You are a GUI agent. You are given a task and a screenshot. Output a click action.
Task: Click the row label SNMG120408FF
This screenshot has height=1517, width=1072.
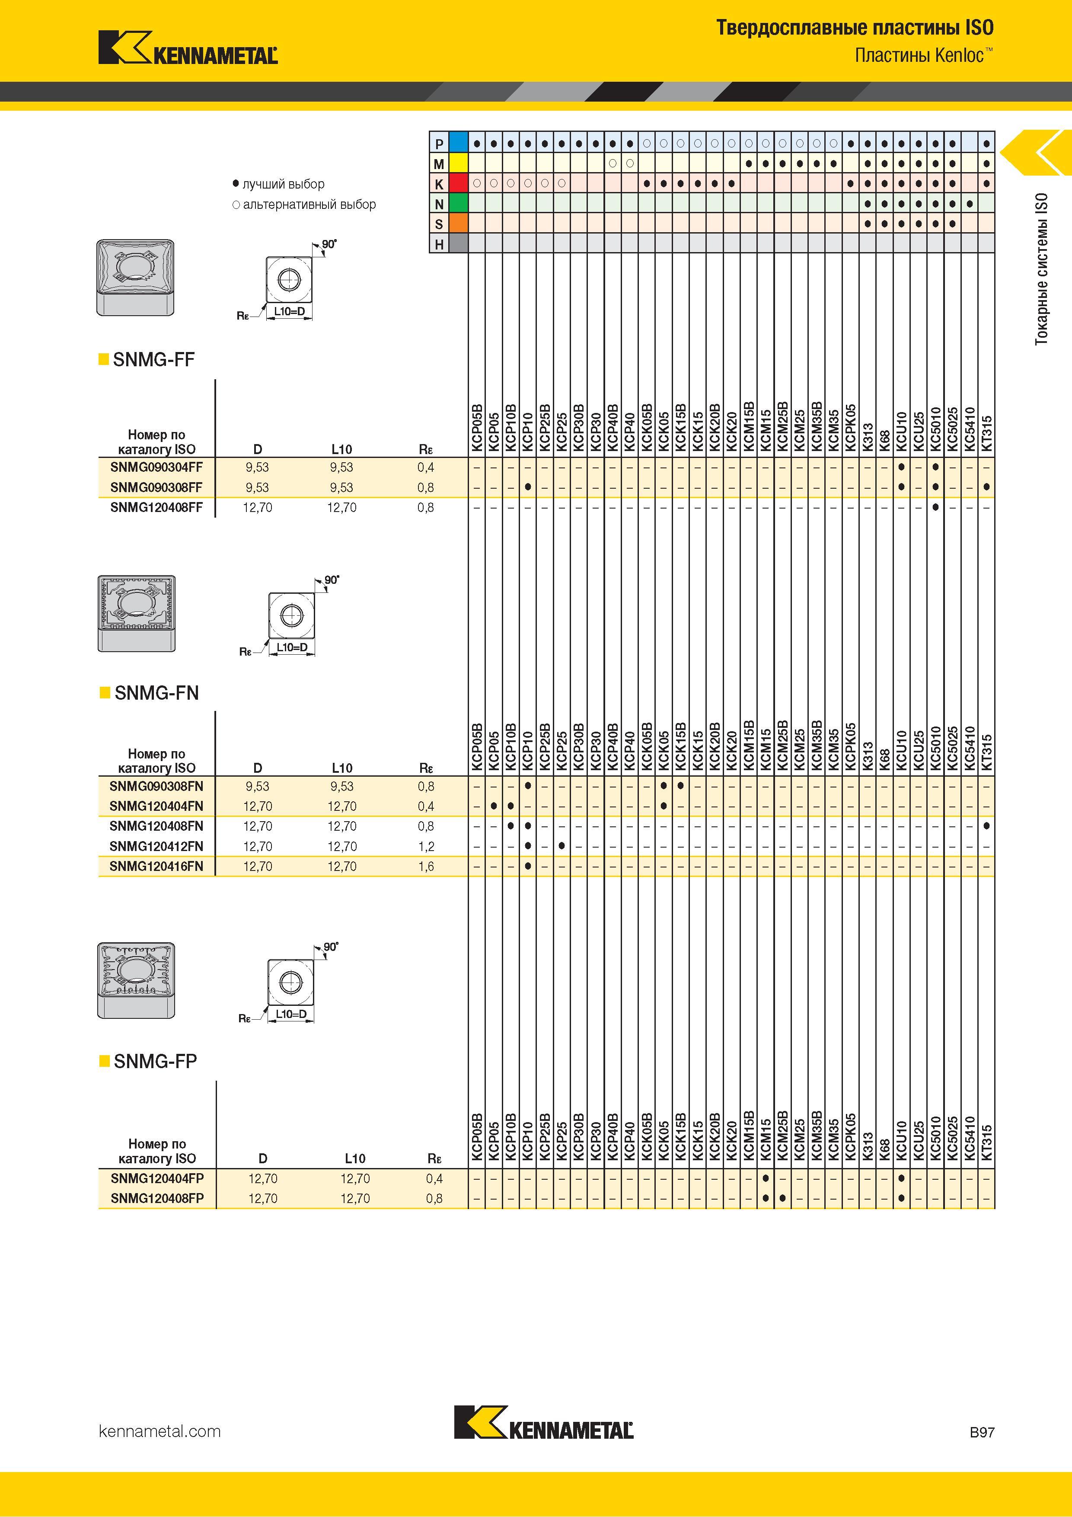click(156, 507)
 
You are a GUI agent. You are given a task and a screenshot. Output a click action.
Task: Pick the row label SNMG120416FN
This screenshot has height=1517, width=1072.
click(156, 866)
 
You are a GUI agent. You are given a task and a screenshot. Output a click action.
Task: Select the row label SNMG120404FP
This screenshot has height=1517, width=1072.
click(157, 1179)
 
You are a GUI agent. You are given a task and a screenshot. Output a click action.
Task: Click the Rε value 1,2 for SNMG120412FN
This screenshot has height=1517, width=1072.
click(426, 846)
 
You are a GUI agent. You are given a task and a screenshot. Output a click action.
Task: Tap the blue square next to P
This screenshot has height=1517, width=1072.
click(458, 142)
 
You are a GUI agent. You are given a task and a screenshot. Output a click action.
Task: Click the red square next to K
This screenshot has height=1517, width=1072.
click(458, 183)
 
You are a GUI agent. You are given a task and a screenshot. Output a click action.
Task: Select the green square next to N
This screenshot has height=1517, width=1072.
click(458, 204)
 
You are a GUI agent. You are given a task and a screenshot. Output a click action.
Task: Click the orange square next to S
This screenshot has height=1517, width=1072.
click(458, 224)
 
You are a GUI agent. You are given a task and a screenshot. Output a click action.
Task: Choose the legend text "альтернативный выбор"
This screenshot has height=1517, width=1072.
click(309, 205)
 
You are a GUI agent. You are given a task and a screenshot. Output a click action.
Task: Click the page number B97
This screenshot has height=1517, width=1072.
click(982, 1432)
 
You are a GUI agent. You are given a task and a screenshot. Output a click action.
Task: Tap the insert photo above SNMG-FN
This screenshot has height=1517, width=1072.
click(137, 613)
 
